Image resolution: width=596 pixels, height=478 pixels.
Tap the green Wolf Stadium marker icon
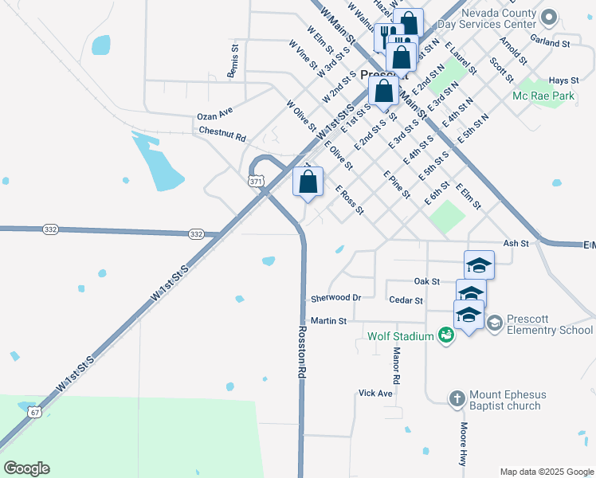coord(446,335)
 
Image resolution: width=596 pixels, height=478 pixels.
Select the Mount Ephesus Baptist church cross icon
coord(457,398)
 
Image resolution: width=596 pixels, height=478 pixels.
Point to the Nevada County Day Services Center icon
coord(548,17)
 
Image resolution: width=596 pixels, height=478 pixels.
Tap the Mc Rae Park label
coord(544,96)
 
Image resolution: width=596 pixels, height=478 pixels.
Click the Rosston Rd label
coord(302,350)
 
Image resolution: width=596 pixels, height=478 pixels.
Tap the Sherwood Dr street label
coord(335,297)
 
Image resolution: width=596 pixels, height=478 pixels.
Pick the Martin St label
coord(328,321)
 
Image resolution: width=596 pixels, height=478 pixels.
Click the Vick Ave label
coord(375,393)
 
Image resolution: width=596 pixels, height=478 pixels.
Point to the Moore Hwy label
coord(463,444)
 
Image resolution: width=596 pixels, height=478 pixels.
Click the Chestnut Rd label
coord(222,131)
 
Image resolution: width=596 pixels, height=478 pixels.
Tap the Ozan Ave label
coord(214,116)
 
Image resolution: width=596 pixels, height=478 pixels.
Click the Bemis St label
coord(233,61)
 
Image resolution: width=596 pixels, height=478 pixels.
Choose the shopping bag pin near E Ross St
coord(308,183)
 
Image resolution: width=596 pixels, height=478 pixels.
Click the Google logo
coord(26,468)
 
